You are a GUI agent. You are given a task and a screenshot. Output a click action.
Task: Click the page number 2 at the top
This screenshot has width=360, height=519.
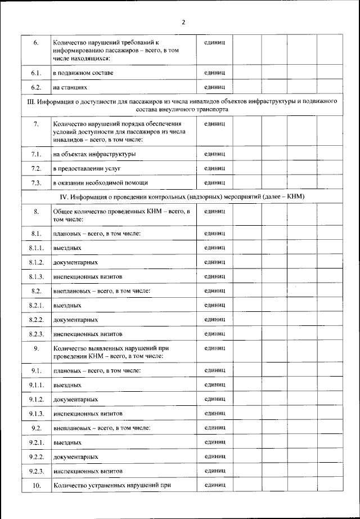[x=183, y=23]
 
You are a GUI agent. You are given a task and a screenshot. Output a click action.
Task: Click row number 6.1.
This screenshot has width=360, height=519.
[x=36, y=73]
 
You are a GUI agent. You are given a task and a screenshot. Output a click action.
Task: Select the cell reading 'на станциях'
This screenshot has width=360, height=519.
[x=70, y=88]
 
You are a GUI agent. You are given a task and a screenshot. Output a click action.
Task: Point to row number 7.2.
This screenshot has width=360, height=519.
[x=36, y=168]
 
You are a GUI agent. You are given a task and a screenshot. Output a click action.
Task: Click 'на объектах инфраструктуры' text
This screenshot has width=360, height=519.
[x=94, y=154]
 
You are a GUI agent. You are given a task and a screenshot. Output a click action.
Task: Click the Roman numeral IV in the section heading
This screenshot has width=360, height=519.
[x=64, y=196]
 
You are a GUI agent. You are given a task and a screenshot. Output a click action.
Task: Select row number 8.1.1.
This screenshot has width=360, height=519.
[x=36, y=248]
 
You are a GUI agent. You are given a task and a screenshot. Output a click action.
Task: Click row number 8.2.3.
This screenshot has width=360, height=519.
[x=36, y=334]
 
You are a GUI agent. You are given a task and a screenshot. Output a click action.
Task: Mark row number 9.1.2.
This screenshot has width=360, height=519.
[x=36, y=399]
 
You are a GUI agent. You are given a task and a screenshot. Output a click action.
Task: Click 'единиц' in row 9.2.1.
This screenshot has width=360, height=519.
[x=215, y=442]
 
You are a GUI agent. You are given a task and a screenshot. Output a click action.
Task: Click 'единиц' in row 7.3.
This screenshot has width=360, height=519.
[x=215, y=182]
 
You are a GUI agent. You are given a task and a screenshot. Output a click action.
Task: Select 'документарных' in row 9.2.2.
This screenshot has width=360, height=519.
[x=75, y=457]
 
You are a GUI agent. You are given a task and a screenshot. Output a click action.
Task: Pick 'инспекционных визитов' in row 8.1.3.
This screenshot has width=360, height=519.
[x=87, y=277]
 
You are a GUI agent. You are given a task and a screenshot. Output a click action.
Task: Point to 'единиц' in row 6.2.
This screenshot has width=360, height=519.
[x=215, y=87]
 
